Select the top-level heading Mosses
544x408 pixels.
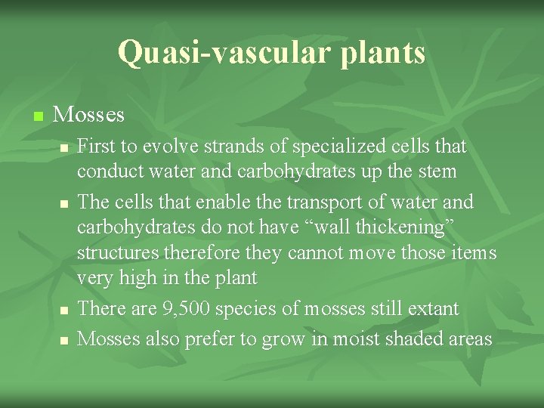(x=89, y=115)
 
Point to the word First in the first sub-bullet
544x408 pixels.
(x=96, y=145)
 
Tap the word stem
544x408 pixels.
(x=438, y=172)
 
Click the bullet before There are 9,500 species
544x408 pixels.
(x=65, y=311)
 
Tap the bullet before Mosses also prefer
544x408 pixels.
(x=65, y=341)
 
